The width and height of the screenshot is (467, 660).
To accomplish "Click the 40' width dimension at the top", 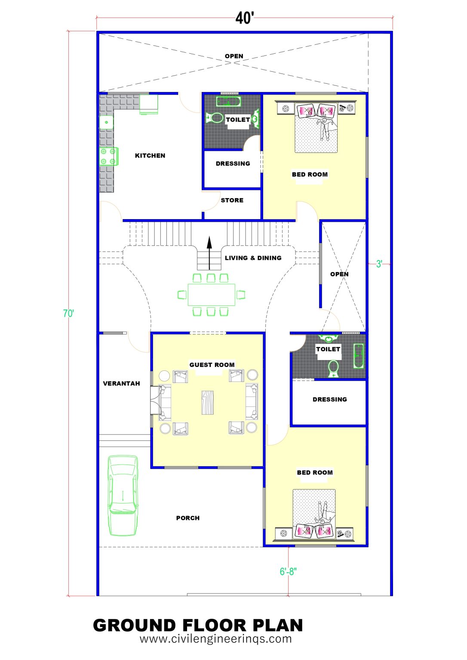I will [245, 18].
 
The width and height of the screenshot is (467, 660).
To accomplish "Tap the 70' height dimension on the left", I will [68, 313].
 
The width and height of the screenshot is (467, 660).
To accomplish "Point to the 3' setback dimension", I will [379, 264].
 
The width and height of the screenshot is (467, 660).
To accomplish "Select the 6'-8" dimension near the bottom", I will [288, 571].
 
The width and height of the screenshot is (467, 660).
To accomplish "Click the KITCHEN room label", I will [150, 156].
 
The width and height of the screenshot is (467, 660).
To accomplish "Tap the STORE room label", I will [232, 200].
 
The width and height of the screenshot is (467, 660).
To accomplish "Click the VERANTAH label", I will [121, 383].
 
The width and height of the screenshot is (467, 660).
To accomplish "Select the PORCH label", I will [188, 518].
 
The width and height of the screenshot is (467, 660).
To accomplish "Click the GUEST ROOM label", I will [212, 365].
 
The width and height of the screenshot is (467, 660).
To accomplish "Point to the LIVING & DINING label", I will [253, 258].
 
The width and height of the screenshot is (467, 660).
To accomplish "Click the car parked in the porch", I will [123, 495].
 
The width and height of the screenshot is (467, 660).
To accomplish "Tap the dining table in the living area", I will [211, 295].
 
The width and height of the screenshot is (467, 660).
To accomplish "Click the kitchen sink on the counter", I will [106, 122].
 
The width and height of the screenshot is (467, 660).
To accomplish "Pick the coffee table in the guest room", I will [208, 402].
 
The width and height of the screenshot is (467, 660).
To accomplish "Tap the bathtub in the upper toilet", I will [228, 102].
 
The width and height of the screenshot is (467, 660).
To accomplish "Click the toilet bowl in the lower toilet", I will [333, 369].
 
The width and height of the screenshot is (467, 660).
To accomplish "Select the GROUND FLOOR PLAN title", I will [198, 625].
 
